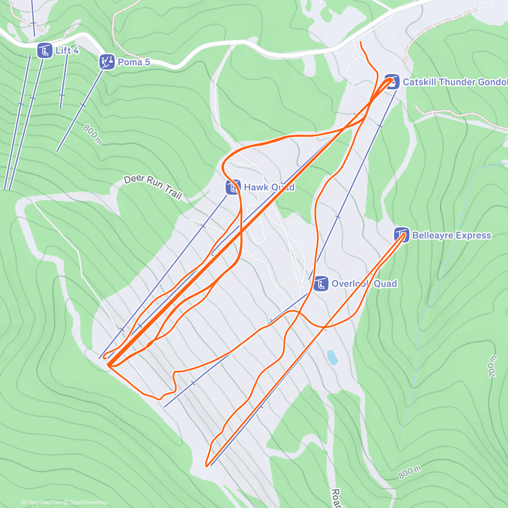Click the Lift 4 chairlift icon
(x=44, y=51)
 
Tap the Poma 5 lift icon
(x=107, y=62)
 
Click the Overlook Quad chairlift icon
(x=321, y=284)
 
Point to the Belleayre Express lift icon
(x=402, y=235)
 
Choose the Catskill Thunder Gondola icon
(x=392, y=82)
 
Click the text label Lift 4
(x=67, y=51)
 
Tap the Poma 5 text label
(x=134, y=62)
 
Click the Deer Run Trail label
(x=153, y=187)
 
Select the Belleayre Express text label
(x=452, y=235)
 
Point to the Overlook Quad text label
(x=364, y=284)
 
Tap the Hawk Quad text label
(x=269, y=187)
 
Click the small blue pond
(x=332, y=357)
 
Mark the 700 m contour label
(x=492, y=367)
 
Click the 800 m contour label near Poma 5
(x=92, y=134)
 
